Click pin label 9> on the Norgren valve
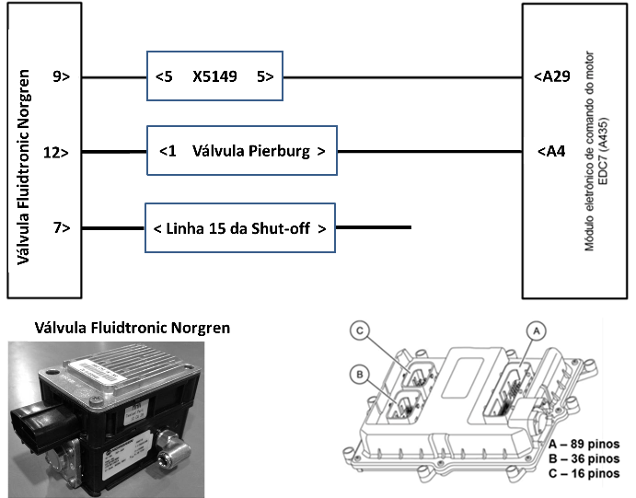point(62,77)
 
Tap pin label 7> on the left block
point(62,226)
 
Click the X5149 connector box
point(214,76)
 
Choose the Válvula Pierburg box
point(242,151)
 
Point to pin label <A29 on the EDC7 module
point(553,77)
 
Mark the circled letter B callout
point(363,374)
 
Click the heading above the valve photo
point(132,328)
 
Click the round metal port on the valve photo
point(170,456)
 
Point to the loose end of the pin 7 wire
point(409,226)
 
